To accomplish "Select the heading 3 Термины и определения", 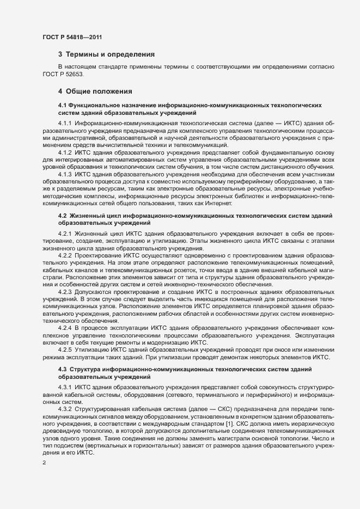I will point(106,54).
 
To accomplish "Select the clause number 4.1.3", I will point(65,174).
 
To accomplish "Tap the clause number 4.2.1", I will point(65,234).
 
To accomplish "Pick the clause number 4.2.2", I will point(65,255).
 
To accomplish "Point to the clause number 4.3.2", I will point(65,408).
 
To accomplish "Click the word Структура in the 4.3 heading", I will point(87,370).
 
